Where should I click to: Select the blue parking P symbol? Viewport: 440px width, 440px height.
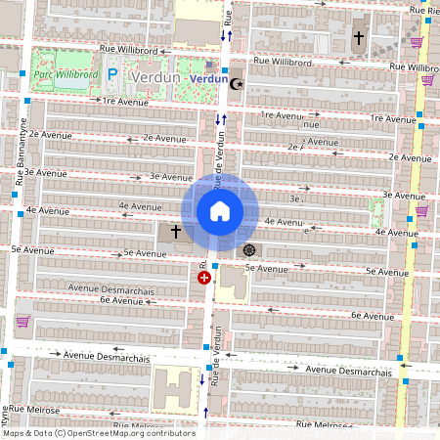112,74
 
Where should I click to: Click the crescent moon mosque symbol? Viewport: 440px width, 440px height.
234,84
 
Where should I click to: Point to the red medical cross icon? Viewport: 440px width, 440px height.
204,278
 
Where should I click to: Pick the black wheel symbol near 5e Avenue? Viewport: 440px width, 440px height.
249,249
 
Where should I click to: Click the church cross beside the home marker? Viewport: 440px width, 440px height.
176,232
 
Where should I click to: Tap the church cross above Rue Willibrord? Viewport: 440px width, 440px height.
358,39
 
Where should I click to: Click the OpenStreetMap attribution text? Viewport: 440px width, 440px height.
98,433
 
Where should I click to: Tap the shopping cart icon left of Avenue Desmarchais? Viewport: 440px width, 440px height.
22,321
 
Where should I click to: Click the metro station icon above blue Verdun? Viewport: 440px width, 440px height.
209,65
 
